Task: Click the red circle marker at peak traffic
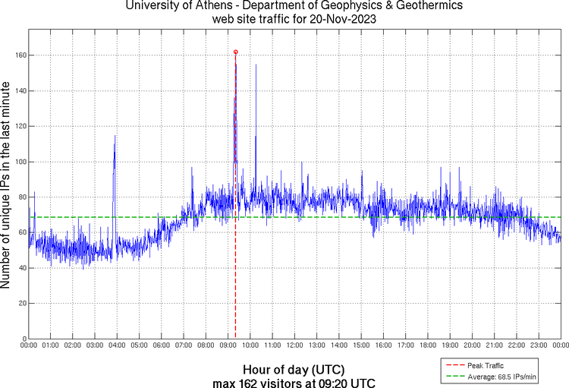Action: click(236, 52)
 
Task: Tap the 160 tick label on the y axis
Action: click(19, 55)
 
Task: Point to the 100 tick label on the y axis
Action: click(19, 162)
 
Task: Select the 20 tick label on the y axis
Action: click(21, 303)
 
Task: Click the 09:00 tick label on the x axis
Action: click(228, 345)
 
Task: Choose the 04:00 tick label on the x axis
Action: click(117, 345)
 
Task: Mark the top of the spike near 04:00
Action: click(115, 136)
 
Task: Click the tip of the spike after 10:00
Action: click(256, 65)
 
